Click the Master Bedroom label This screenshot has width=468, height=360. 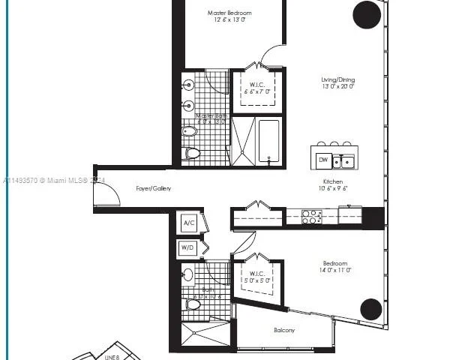click(229, 13)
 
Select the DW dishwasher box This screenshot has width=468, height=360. click(322, 160)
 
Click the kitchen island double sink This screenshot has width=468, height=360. click(344, 160)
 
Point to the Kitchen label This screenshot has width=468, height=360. click(333, 181)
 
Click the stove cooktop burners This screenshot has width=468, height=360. click(311, 217)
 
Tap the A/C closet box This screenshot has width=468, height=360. click(189, 223)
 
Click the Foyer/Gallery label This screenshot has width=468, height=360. click(153, 188)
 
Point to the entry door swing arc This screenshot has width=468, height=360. click(106, 193)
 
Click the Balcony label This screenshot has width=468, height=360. click(283, 330)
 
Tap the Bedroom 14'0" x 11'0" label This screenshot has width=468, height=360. click(335, 263)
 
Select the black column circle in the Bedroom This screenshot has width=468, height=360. click(370, 309)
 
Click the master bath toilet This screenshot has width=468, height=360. click(192, 153)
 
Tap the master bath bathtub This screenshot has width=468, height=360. click(268, 140)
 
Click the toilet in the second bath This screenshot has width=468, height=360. click(192, 304)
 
